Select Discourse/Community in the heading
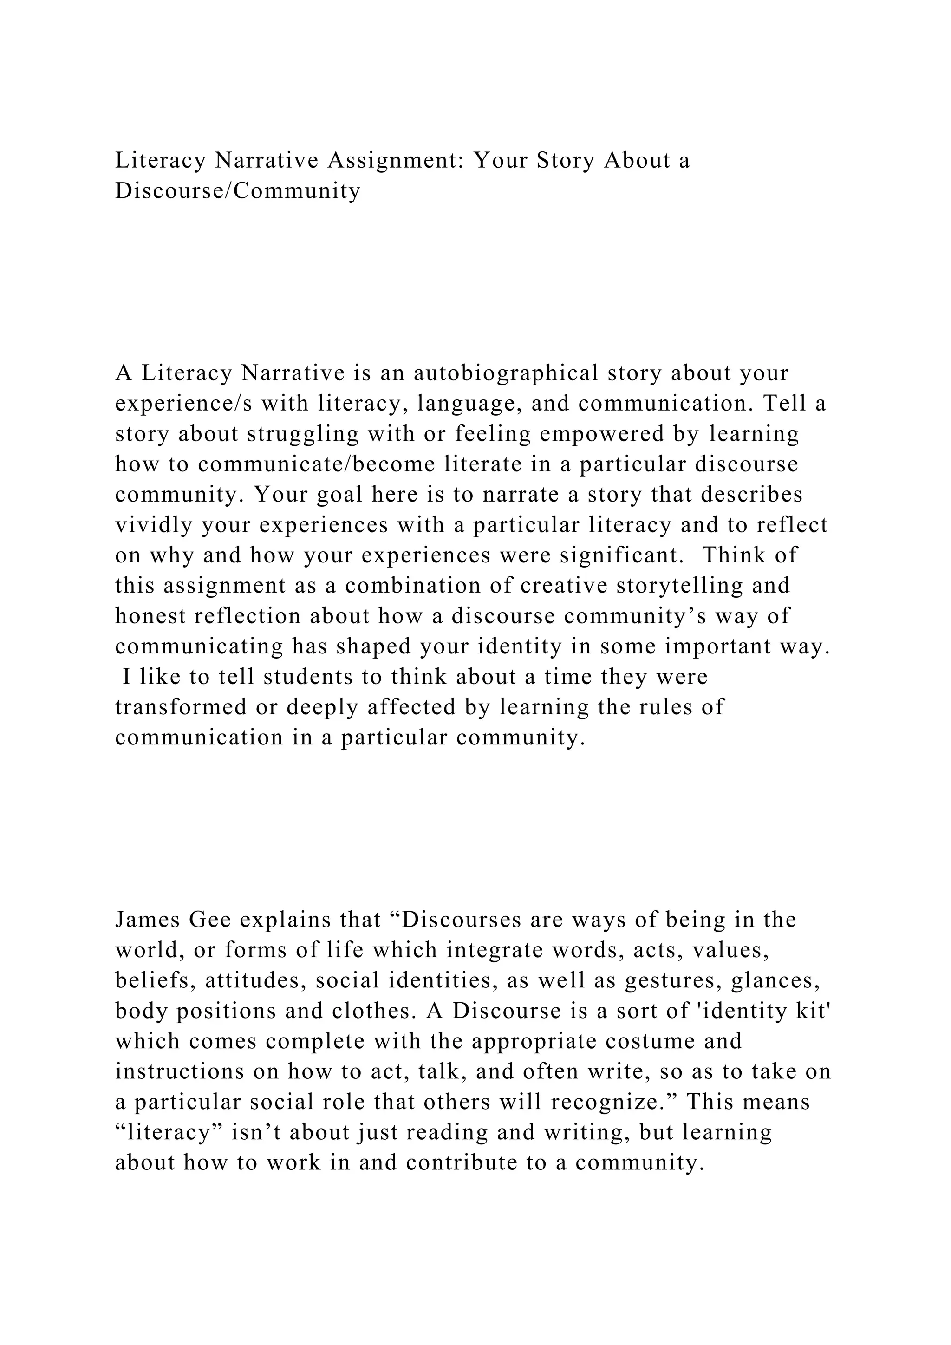pos(238,191)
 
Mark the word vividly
pos(154,525)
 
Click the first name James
pos(148,921)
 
